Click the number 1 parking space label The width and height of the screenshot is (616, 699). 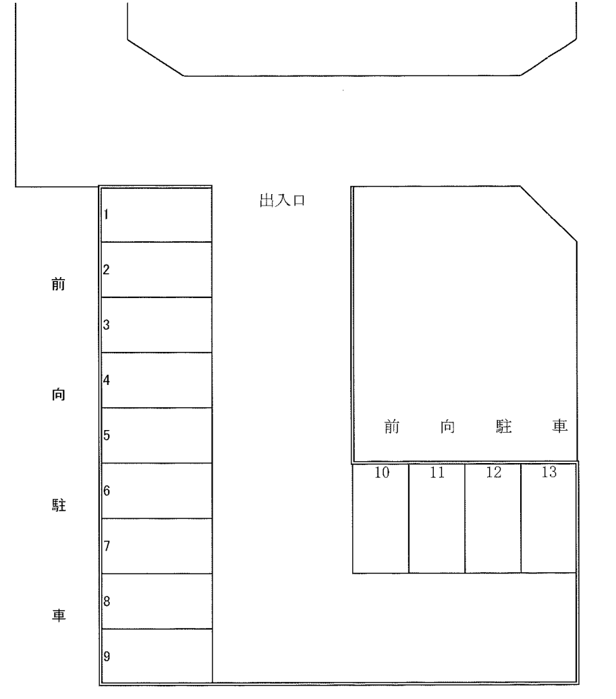click(x=106, y=214)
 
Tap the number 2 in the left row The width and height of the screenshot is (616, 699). click(x=106, y=270)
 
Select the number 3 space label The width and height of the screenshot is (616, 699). click(x=106, y=325)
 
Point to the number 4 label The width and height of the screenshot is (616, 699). click(x=106, y=380)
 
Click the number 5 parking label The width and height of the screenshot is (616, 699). click(x=107, y=435)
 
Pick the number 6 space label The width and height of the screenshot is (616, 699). click(x=107, y=491)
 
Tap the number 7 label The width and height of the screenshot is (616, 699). click(x=107, y=546)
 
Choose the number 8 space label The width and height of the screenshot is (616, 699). click(x=107, y=601)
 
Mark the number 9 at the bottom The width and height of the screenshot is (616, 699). click(x=107, y=657)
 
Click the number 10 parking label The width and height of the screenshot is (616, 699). click(x=382, y=473)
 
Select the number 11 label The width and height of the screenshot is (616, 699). click(x=438, y=473)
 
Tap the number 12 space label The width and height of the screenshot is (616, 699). click(x=494, y=473)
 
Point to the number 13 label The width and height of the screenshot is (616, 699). click(x=549, y=472)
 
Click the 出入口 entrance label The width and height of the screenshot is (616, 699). click(x=282, y=201)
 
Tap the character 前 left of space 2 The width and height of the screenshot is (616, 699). click(x=59, y=284)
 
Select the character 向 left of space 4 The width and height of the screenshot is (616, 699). click(x=59, y=394)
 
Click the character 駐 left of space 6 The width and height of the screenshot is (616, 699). click(x=59, y=505)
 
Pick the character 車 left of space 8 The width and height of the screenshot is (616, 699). click(x=59, y=615)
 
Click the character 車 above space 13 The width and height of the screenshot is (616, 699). click(x=560, y=426)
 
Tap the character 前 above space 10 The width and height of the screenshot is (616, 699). click(x=392, y=427)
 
